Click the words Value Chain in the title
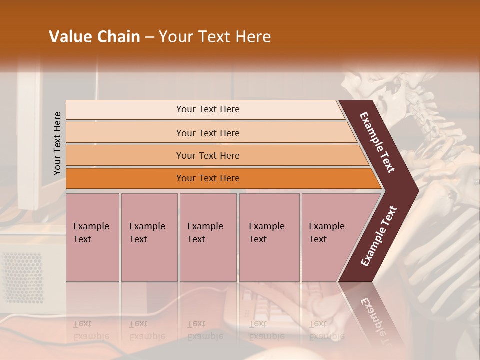(x=94, y=37)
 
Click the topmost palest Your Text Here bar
(x=208, y=109)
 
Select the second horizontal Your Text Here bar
(x=208, y=133)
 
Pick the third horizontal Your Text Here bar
(x=208, y=155)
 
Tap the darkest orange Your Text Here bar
(x=208, y=178)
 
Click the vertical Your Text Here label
(x=57, y=143)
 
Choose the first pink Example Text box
(x=92, y=237)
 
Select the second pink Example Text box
(x=149, y=237)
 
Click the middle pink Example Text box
(x=208, y=237)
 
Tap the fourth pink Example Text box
(x=269, y=237)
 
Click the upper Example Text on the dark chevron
(x=378, y=142)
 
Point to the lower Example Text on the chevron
(x=379, y=236)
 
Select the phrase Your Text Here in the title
(x=215, y=37)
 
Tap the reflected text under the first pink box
(x=91, y=331)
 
